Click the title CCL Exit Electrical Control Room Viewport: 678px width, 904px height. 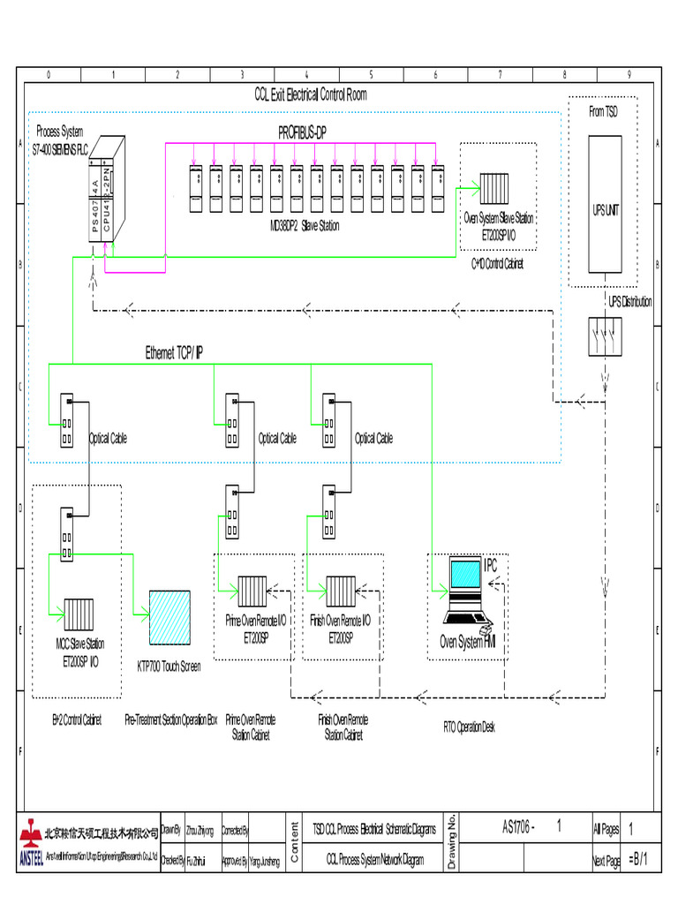click(310, 94)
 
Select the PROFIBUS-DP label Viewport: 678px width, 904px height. click(314, 132)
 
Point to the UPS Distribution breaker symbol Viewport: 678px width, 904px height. click(605, 336)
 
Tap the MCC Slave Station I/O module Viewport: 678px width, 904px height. click(79, 611)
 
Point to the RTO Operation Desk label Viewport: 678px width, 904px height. click(469, 727)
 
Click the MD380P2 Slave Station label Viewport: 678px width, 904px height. click(305, 226)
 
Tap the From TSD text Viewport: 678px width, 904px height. click(603, 111)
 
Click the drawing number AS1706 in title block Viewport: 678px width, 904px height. click(518, 827)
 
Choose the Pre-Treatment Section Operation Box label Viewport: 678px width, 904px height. click(170, 719)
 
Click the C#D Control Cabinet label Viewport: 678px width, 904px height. click(496, 263)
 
